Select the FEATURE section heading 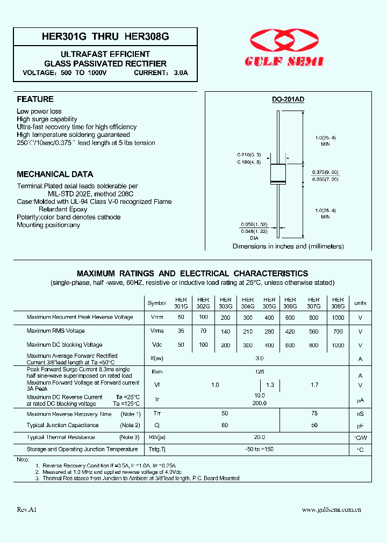tap(35, 99)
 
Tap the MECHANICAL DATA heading tap(55, 174)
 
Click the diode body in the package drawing tap(278, 173)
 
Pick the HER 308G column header tap(338, 303)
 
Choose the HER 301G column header tap(181, 303)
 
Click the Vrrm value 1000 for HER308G tap(338, 318)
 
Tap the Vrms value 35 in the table tap(181, 332)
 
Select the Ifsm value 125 tap(260, 371)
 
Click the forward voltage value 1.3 tap(269, 385)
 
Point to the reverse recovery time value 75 tap(314, 414)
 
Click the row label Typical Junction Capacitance tap(63, 425)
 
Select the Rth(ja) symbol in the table tap(157, 437)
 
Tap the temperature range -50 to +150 tap(260, 449)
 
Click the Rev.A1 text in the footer tap(26, 510)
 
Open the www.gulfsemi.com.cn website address tap(331, 510)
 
